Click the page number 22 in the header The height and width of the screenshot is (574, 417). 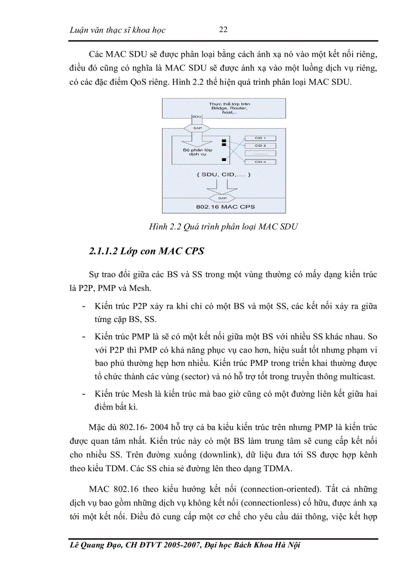click(x=223, y=30)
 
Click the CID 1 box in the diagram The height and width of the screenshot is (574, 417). click(x=261, y=138)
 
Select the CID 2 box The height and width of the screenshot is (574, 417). click(x=261, y=146)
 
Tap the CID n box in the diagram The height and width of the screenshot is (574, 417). click(x=261, y=162)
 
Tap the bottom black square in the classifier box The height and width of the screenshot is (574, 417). click(x=223, y=160)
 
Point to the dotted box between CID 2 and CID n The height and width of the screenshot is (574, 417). click(x=261, y=153)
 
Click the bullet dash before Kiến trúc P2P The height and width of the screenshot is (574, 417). click(x=84, y=306)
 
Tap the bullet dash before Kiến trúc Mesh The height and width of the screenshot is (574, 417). click(x=84, y=394)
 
